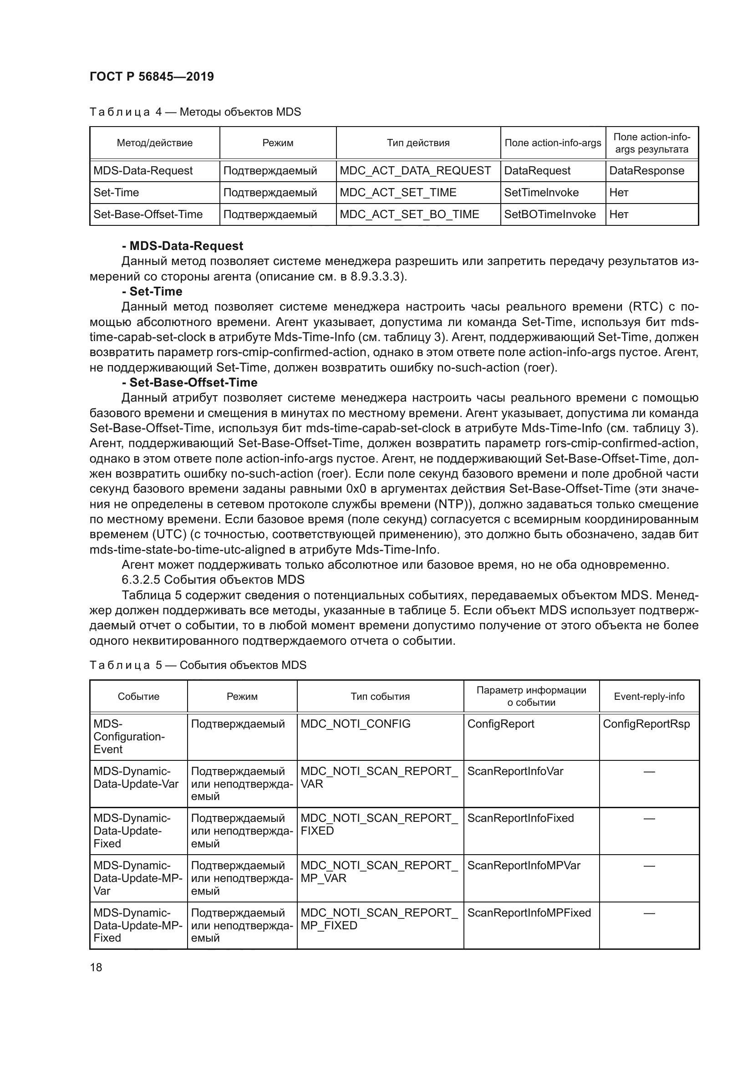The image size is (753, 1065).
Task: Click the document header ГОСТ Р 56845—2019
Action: click(152, 77)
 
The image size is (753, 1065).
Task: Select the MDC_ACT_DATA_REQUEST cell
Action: click(415, 171)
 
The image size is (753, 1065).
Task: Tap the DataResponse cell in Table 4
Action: click(646, 171)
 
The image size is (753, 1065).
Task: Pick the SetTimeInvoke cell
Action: click(541, 193)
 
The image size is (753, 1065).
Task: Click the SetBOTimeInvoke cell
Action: click(549, 214)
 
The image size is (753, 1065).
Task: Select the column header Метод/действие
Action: click(154, 143)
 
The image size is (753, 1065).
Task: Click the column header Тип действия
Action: click(418, 143)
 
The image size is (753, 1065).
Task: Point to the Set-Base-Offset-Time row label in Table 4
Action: click(148, 214)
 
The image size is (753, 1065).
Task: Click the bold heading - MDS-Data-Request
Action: click(182, 246)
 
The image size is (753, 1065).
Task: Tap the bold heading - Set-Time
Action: click(152, 291)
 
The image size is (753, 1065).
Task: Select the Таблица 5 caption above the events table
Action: click(198, 665)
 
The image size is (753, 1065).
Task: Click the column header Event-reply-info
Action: click(649, 696)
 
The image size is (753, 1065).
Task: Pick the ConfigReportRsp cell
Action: click(646, 724)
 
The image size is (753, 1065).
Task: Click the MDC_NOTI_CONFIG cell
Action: click(355, 724)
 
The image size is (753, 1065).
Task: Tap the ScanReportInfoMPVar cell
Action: click(524, 866)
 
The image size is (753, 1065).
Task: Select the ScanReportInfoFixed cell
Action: click(520, 818)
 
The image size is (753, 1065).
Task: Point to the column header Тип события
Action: click(380, 696)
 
